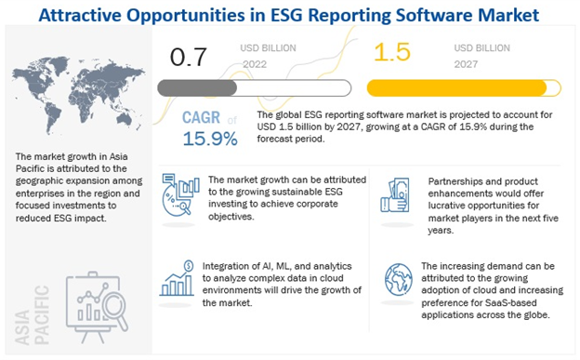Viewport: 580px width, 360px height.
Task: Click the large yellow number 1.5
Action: tap(391, 53)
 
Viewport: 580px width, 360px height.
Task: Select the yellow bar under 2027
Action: tap(466, 88)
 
